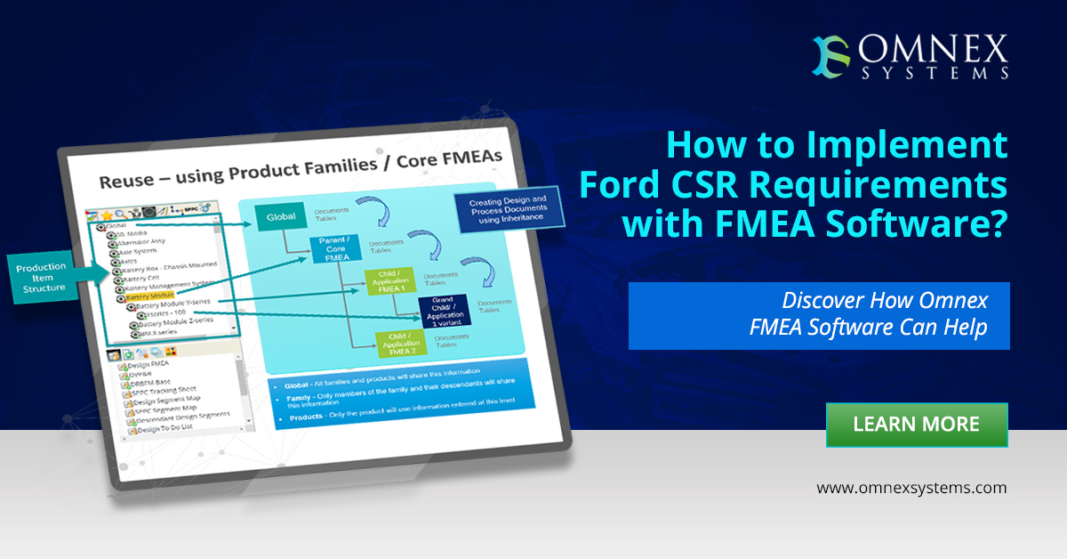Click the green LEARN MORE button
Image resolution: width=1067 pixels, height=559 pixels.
point(917,425)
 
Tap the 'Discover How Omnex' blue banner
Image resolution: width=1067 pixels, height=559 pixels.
point(819,315)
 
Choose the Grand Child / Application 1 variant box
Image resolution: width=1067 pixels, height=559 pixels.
point(445,309)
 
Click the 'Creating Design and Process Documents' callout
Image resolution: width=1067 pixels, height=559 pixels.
point(507,207)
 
